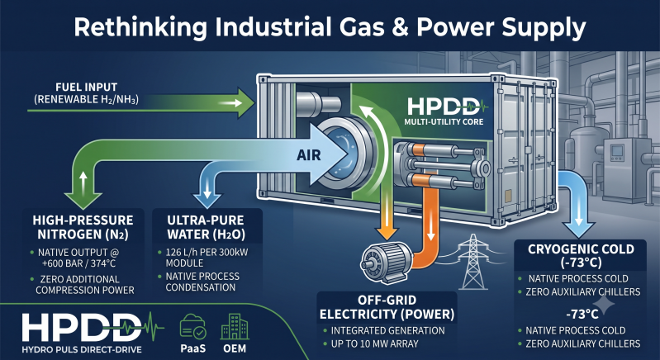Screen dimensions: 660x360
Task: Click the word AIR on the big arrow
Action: coord(309,155)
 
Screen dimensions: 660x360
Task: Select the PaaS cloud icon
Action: coord(192,327)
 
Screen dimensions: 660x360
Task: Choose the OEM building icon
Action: coord(235,328)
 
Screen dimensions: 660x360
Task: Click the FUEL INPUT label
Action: coord(86,88)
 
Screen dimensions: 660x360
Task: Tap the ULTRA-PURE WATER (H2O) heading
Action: coord(207,227)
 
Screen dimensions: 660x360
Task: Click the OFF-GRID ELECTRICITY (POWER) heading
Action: coord(387,307)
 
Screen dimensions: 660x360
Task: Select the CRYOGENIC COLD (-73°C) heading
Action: coord(581,256)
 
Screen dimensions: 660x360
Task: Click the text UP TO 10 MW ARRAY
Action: coord(375,343)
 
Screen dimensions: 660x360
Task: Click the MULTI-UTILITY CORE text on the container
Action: coord(444,122)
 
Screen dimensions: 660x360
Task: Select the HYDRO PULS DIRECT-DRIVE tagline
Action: coord(82,349)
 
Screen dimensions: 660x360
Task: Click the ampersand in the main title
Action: coord(401,28)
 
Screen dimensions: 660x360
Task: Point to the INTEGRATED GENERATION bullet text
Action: coord(387,330)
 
